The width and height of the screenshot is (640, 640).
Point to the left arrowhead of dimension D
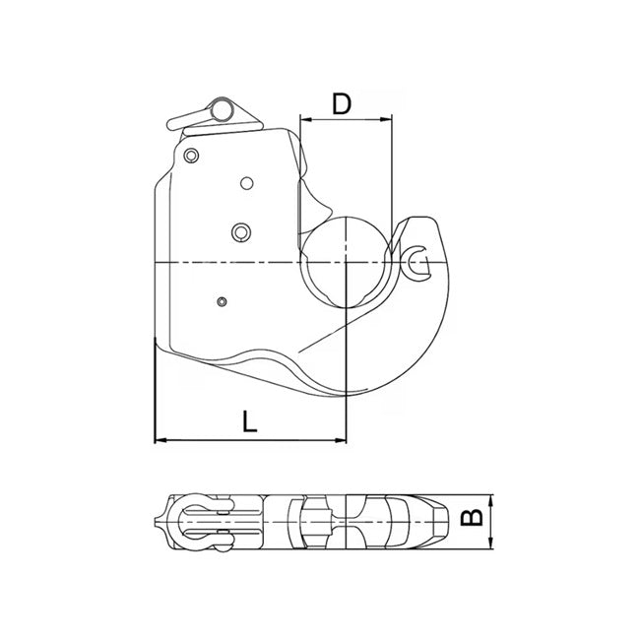point(304,120)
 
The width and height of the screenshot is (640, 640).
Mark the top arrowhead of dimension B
point(490,497)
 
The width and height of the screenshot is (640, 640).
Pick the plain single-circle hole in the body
point(245,182)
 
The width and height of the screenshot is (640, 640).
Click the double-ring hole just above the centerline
point(239,231)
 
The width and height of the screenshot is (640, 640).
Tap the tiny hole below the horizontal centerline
point(223,300)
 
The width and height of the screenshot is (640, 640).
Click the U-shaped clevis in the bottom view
point(197,518)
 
